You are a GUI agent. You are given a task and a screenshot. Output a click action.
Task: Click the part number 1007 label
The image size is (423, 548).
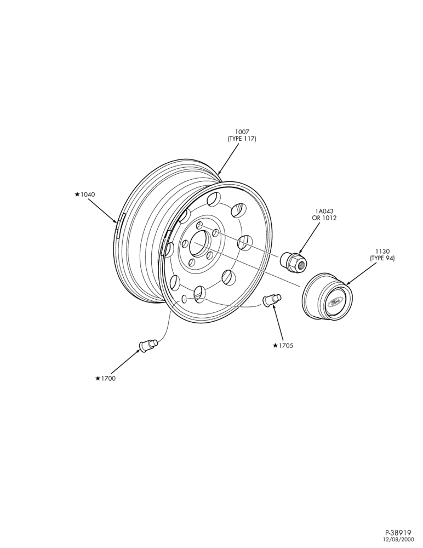coord(242,132)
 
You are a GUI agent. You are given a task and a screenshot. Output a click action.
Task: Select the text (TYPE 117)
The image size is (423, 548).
coord(242,139)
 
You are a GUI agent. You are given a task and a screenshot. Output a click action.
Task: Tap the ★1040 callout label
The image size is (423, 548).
coord(84,195)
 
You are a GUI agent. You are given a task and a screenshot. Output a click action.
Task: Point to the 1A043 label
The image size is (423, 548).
coord(324,211)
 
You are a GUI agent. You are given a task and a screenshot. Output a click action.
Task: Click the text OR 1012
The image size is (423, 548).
coord(324,218)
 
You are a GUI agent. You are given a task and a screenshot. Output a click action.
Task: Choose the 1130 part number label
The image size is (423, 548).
coord(382,252)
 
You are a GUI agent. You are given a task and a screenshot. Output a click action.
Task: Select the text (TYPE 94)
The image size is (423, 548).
coord(382,259)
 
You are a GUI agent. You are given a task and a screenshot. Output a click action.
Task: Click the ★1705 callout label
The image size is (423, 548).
coord(283,346)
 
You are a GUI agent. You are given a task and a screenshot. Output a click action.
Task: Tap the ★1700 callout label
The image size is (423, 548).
coord(105,379)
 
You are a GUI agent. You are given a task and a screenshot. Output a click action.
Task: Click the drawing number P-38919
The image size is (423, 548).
coord(398,533)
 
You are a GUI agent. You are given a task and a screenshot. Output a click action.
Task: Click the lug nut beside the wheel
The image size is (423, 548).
coord(293,261)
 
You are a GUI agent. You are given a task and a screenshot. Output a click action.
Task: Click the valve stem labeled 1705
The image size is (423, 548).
coord(272,300)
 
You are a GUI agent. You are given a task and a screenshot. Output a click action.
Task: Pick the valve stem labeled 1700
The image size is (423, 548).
coord(148,346)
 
